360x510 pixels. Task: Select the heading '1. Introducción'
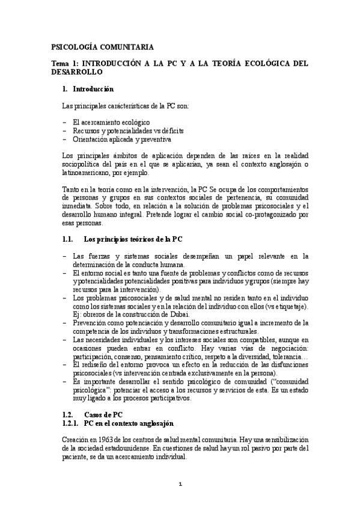point(88,89)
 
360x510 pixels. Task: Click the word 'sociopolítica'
point(82,164)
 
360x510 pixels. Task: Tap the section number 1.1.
point(68,239)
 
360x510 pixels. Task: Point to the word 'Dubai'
point(180,315)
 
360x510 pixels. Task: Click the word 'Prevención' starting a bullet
point(91,323)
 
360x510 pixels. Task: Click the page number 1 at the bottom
point(180,484)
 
